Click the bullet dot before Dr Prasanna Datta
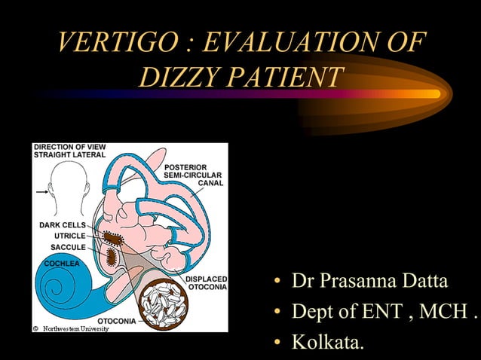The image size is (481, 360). point(277,283)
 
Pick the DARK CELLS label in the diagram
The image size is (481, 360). point(62,225)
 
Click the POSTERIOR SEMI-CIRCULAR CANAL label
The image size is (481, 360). point(192,175)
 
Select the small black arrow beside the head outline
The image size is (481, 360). point(41,191)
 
